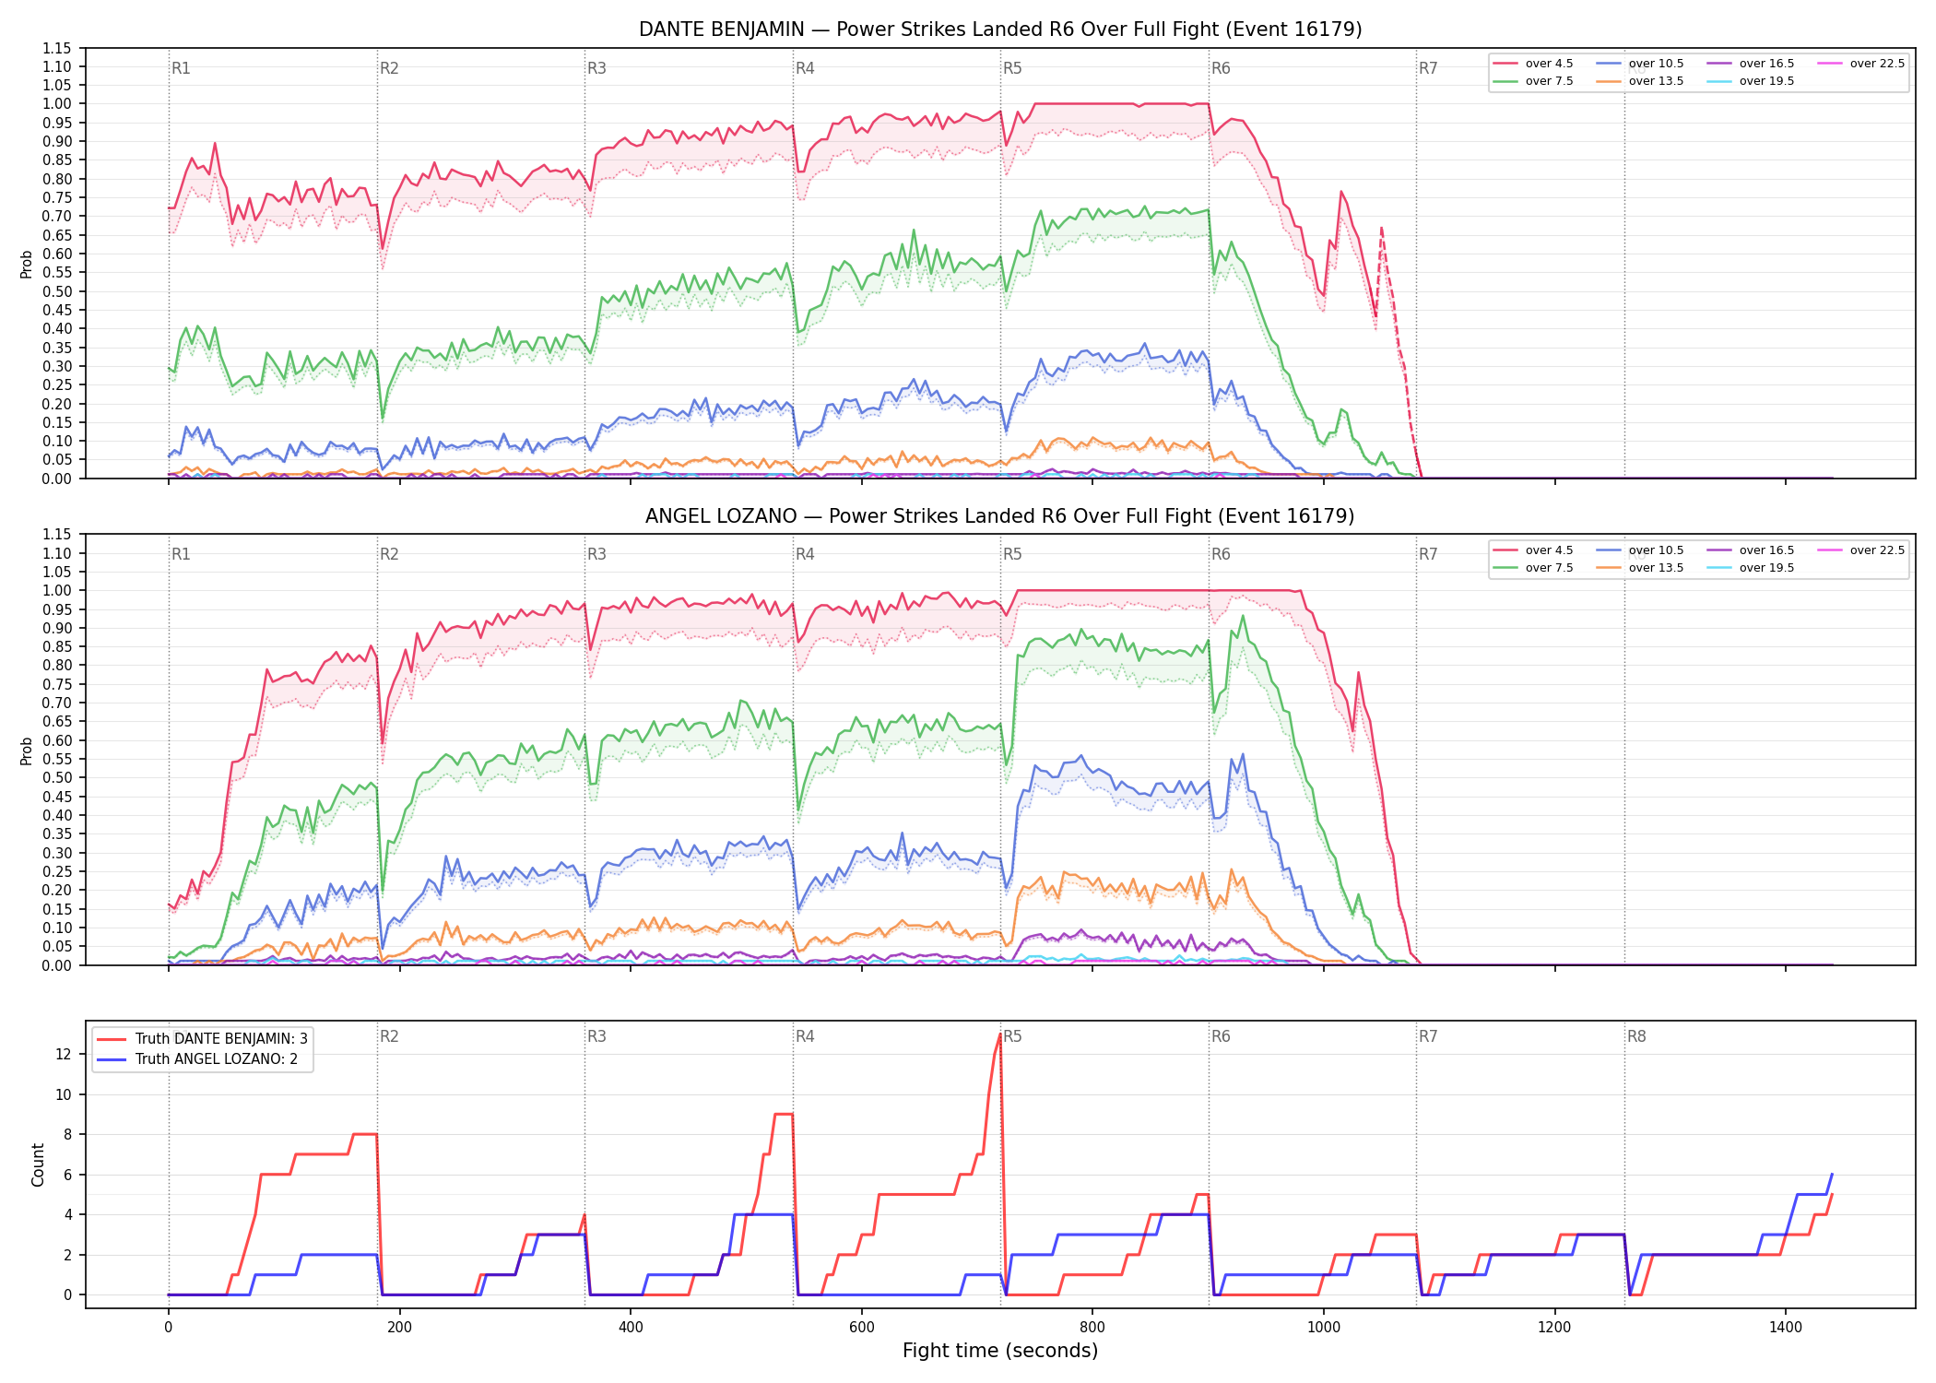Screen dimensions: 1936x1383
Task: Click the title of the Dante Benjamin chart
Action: (1000, 30)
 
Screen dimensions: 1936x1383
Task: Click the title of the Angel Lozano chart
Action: (1000, 516)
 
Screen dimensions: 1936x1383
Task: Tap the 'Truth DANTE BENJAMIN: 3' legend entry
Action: (202, 1039)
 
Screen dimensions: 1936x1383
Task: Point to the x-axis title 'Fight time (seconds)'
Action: (1000, 1351)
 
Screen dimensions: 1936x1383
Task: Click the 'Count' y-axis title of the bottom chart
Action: (38, 1164)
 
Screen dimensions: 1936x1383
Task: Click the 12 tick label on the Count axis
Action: (64, 1054)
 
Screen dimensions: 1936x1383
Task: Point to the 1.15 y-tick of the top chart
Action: (56, 48)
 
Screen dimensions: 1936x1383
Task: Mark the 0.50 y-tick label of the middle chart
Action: (56, 777)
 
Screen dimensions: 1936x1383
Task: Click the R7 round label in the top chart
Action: (1428, 68)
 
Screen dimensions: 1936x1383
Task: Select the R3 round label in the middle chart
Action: (596, 554)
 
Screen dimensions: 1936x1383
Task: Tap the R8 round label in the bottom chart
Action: (1636, 1036)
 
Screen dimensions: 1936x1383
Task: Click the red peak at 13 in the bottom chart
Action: (999, 1034)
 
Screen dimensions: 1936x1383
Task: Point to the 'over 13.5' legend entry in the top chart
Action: (1641, 81)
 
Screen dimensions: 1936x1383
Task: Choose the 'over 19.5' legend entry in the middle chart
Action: (1751, 568)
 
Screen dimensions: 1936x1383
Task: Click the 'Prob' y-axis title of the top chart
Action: (27, 265)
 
